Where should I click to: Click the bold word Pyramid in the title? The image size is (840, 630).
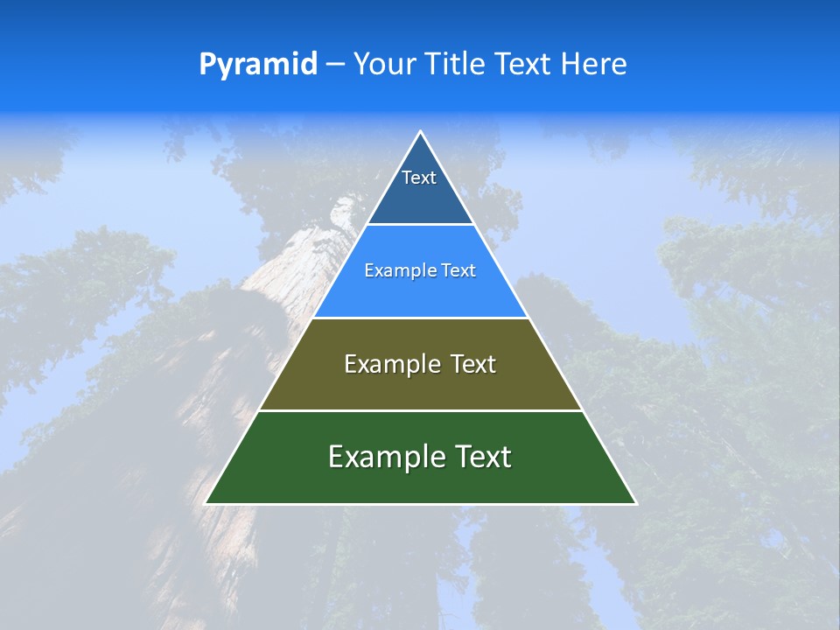pyautogui.click(x=258, y=65)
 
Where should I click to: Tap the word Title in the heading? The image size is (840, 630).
pyautogui.click(x=455, y=65)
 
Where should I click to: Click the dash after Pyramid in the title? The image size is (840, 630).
pyautogui.click(x=335, y=65)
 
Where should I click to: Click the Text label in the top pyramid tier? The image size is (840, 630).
pyautogui.click(x=419, y=178)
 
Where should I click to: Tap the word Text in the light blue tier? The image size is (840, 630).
pyautogui.click(x=459, y=271)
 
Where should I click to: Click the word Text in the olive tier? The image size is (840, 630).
pyautogui.click(x=473, y=364)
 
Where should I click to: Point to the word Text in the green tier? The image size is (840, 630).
pyautogui.click(x=482, y=457)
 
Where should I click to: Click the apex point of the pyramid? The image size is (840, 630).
pyautogui.click(x=420, y=132)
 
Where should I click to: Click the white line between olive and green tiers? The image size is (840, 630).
pyautogui.click(x=420, y=410)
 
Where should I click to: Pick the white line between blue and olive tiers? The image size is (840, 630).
pyautogui.click(x=420, y=318)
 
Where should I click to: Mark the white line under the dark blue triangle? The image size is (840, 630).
pyautogui.click(x=420, y=225)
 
